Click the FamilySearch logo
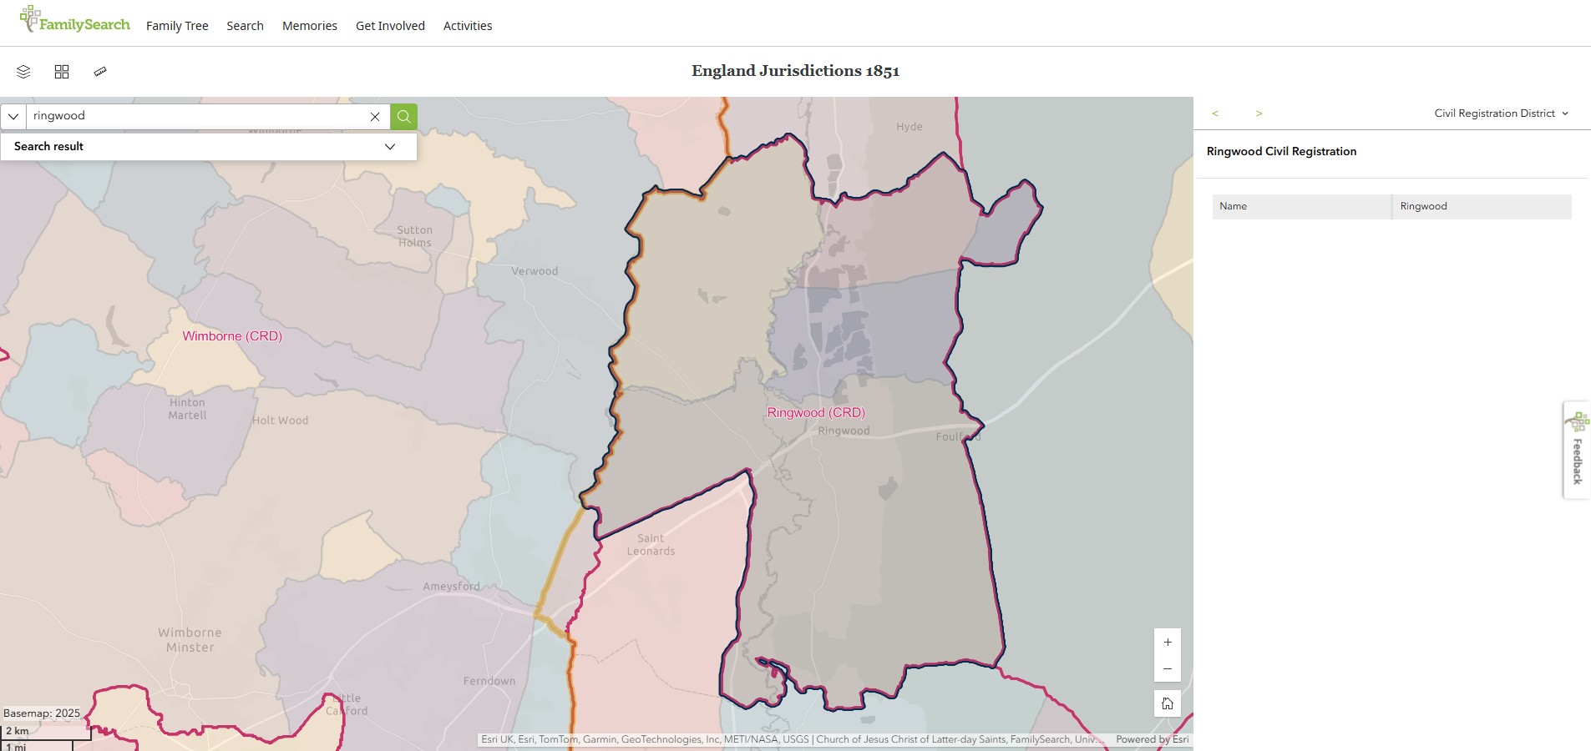(x=75, y=20)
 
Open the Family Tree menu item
(x=177, y=26)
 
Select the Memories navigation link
(x=310, y=26)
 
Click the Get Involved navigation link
(x=390, y=26)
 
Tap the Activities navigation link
(x=468, y=26)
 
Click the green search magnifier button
(x=403, y=116)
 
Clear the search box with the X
(x=375, y=117)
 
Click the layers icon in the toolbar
(x=23, y=72)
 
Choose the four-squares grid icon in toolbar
(x=62, y=72)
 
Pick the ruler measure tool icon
(x=100, y=72)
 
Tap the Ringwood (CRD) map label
(x=816, y=412)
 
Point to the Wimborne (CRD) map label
(x=232, y=336)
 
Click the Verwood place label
(x=535, y=271)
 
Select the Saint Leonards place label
(x=651, y=545)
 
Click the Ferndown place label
(x=489, y=681)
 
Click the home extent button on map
(x=1167, y=703)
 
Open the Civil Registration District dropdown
(x=1501, y=113)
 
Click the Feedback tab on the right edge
(x=1577, y=451)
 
